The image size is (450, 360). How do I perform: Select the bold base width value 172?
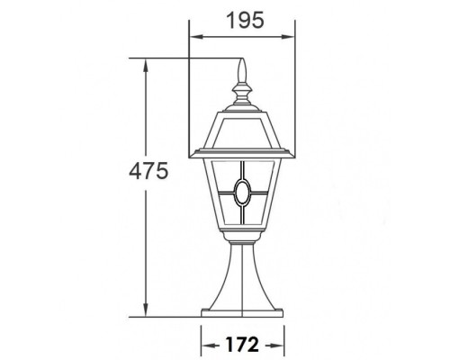(241, 343)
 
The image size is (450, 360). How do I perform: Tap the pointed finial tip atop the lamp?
(240, 65)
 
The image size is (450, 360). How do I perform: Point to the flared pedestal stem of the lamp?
(241, 279)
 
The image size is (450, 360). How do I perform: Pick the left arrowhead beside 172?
(202, 344)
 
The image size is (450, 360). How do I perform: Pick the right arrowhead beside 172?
(280, 344)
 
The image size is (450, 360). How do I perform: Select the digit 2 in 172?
(256, 343)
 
